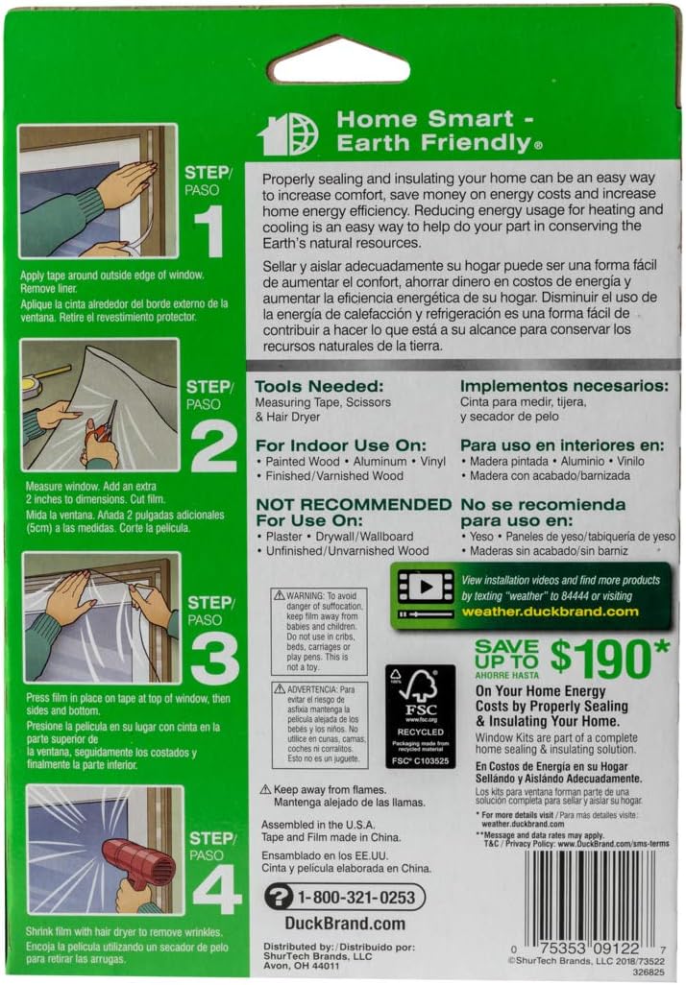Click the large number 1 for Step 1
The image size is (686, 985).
[x=210, y=232]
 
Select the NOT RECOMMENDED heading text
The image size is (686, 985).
[x=353, y=504]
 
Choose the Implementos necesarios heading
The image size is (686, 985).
[x=563, y=387]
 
